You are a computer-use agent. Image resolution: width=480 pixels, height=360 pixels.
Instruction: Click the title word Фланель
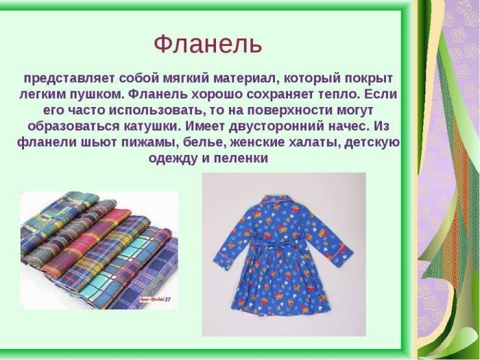[207, 45]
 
